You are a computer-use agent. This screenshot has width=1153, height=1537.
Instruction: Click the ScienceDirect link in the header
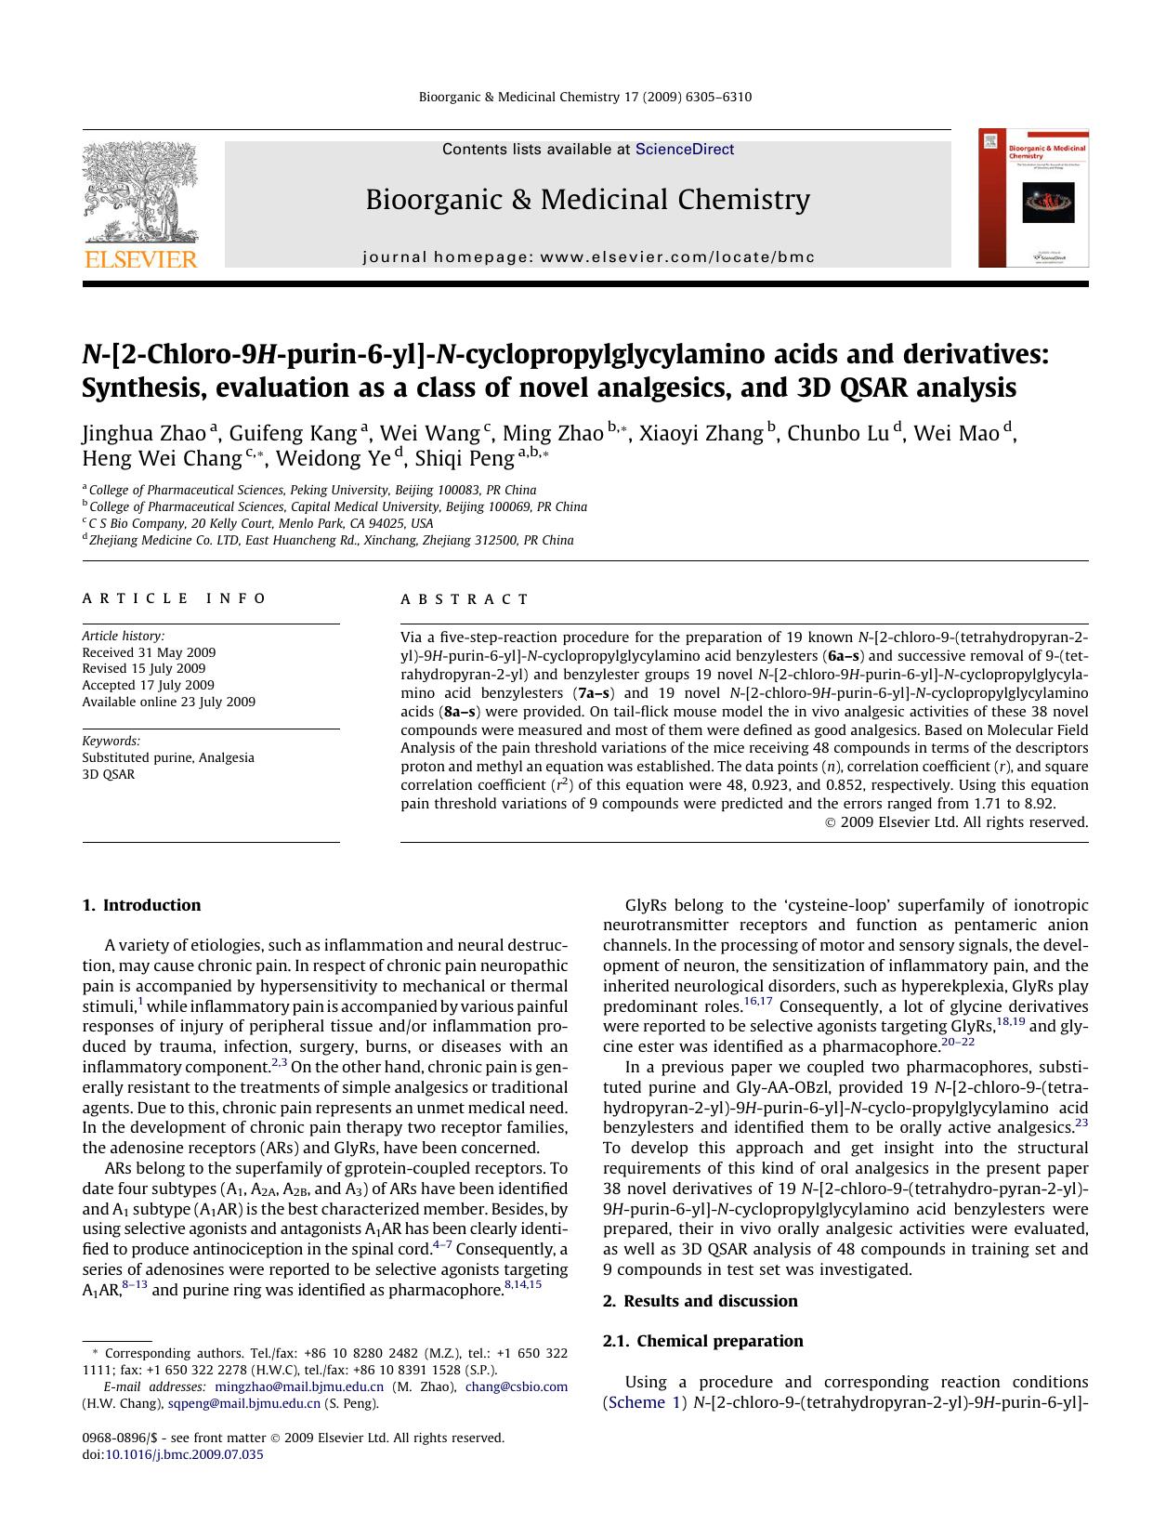pos(684,149)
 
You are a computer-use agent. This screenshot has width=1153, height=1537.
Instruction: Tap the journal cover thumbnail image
pos(1033,198)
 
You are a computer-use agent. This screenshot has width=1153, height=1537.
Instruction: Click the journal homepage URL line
pos(588,257)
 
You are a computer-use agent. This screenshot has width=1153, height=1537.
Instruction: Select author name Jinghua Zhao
pos(143,433)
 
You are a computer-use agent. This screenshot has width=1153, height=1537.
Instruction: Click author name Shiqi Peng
pos(464,458)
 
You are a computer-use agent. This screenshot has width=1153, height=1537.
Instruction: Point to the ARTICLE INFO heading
pos(174,598)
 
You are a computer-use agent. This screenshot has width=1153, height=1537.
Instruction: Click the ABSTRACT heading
pos(465,598)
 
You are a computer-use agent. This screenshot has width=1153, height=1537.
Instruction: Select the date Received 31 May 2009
pos(149,652)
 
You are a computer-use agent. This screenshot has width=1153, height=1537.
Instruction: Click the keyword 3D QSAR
pos(108,774)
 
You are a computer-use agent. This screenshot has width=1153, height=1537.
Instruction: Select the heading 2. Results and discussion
pos(700,1300)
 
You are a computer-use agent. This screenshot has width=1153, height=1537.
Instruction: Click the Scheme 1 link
pos(636,1402)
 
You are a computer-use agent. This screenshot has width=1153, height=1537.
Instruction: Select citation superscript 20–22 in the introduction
pos(958,1042)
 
